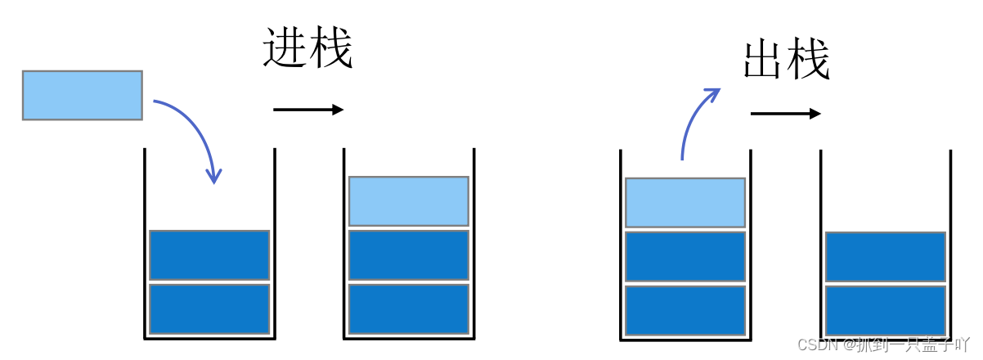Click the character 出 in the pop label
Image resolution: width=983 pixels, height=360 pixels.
tap(764, 60)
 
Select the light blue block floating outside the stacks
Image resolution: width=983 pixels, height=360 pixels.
tap(83, 96)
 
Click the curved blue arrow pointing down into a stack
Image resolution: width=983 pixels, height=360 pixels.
tap(200, 131)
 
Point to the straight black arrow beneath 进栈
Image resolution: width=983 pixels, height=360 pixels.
tap(308, 110)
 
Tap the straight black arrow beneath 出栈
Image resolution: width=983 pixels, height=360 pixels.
tap(785, 114)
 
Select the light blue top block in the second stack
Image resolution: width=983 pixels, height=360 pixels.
tap(408, 201)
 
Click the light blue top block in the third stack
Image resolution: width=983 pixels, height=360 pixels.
tap(685, 202)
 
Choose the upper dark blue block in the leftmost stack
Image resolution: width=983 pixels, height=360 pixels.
tap(209, 255)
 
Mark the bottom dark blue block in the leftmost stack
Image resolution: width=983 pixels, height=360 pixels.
tap(209, 308)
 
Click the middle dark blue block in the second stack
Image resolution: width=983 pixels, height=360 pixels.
tap(408, 255)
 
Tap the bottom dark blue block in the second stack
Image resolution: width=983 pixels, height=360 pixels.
tap(408, 308)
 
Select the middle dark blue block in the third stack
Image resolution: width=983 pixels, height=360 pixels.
tap(685, 257)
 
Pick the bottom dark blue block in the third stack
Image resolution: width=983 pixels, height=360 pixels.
tap(685, 310)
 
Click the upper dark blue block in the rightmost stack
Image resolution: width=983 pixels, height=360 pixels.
tap(886, 257)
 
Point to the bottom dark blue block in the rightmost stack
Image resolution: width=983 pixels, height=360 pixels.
tap(886, 310)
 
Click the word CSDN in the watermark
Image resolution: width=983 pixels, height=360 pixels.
tap(815, 344)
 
